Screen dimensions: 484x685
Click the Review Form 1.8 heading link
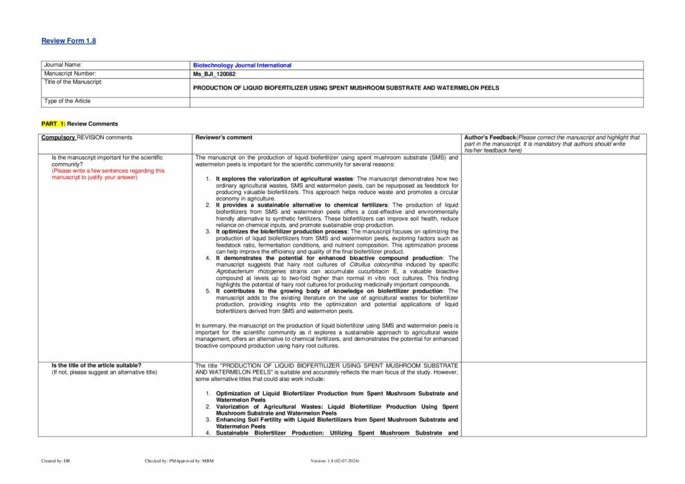pyautogui.click(x=68, y=41)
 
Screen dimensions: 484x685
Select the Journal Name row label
pyautogui.click(x=62, y=65)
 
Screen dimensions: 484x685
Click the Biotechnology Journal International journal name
pyautogui.click(x=243, y=66)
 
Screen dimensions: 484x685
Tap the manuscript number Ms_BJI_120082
pyautogui.click(x=217, y=74)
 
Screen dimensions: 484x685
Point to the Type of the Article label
pyautogui.click(x=67, y=101)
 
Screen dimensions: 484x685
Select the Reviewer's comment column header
pyautogui.click(x=223, y=138)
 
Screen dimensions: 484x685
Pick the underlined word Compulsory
pyautogui.click(x=58, y=138)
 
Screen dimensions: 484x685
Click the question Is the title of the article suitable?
pyautogui.click(x=96, y=365)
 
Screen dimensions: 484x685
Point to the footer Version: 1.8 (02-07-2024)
pyautogui.click(x=335, y=461)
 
